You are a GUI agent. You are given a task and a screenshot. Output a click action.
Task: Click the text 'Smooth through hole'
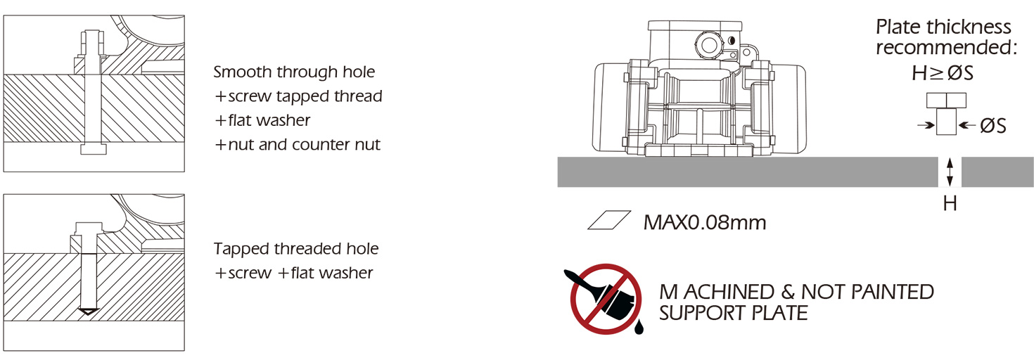(x=294, y=72)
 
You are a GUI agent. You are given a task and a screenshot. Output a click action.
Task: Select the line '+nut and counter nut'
(x=298, y=144)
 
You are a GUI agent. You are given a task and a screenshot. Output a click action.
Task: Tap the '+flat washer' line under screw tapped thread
(x=262, y=120)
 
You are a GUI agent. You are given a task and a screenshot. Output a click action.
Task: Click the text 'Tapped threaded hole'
(x=296, y=249)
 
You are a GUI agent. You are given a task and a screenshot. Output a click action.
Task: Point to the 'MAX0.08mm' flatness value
(x=704, y=222)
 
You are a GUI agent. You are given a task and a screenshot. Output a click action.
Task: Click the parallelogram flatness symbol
(x=609, y=220)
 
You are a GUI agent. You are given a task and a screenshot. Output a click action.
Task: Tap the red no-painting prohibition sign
(x=606, y=299)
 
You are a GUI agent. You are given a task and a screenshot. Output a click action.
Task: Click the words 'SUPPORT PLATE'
(x=733, y=313)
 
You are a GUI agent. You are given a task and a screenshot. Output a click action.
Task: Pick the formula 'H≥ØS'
(x=943, y=73)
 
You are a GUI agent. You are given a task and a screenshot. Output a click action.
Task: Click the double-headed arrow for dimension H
(x=950, y=172)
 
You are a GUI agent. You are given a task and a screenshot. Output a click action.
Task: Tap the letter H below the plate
(x=950, y=203)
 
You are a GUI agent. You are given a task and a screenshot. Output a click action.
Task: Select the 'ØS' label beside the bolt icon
(x=993, y=126)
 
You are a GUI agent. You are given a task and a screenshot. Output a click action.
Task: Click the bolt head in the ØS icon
(x=946, y=100)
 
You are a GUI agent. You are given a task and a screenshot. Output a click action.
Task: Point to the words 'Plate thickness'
(x=943, y=27)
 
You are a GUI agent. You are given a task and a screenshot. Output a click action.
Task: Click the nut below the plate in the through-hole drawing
(x=94, y=149)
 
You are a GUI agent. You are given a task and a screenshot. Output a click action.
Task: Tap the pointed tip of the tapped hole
(x=88, y=315)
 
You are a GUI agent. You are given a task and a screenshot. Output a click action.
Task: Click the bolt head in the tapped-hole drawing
(x=89, y=229)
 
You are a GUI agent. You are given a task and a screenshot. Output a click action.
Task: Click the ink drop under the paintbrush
(x=639, y=326)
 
